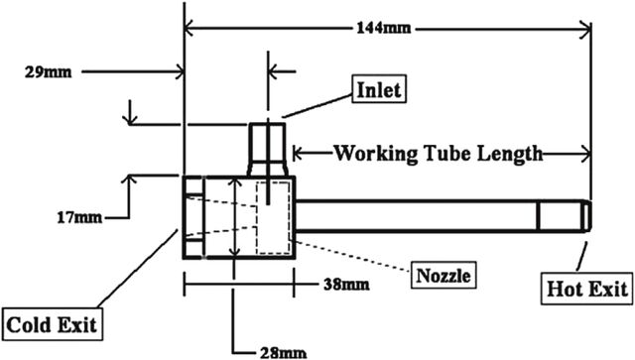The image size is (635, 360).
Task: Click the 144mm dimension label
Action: tap(384, 28)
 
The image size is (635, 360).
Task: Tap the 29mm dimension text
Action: tap(49, 72)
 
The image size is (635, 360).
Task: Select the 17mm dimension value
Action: tap(79, 218)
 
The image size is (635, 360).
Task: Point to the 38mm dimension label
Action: tap(346, 285)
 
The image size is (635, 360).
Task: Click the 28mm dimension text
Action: tap(283, 353)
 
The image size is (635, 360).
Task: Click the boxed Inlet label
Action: tap(379, 89)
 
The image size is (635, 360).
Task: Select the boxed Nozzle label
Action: tap(444, 276)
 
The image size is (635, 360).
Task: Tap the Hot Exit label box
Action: tap(586, 290)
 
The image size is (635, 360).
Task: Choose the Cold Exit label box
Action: tap(53, 324)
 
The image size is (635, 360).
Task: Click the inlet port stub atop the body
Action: tap(267, 150)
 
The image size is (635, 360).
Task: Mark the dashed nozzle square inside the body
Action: tap(273, 218)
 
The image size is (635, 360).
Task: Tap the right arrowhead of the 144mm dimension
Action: tap(585, 30)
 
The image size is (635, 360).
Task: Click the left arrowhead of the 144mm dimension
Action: tap(190, 30)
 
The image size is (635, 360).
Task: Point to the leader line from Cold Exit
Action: tap(137, 269)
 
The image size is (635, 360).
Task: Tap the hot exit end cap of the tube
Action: tap(586, 216)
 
